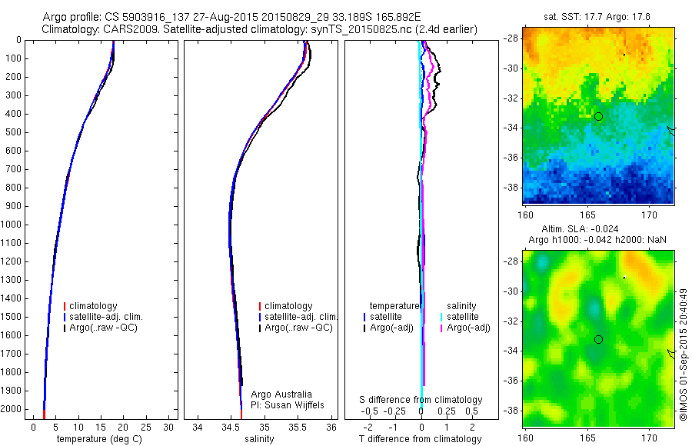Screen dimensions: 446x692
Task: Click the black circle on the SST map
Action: click(598, 116)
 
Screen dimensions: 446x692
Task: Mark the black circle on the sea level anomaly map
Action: click(598, 339)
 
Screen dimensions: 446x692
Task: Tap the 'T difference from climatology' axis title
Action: click(420, 439)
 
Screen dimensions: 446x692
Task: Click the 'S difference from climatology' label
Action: click(421, 400)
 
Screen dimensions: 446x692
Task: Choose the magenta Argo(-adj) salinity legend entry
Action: click(468, 328)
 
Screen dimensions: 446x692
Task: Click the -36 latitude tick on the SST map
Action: click(513, 158)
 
